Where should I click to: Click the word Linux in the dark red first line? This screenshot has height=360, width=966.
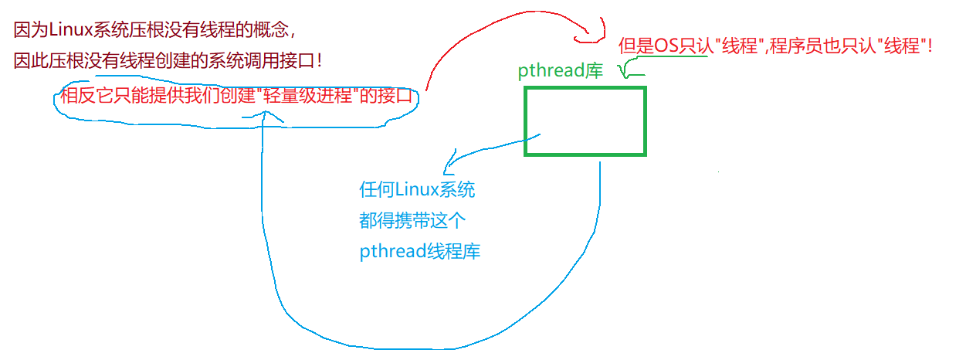click(69, 30)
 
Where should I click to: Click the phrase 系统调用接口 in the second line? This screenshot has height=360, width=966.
click(268, 59)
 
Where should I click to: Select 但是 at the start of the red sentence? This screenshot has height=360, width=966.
click(636, 46)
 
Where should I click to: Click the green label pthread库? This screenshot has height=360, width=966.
click(561, 71)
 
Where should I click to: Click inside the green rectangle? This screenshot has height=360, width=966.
click(585, 121)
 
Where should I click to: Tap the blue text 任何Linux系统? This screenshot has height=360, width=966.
click(417, 190)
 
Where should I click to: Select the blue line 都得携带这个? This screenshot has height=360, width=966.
click(412, 221)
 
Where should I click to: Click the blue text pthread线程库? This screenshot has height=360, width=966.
click(419, 252)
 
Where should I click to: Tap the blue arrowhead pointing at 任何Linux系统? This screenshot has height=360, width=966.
click(446, 165)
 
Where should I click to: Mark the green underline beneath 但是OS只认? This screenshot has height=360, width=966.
click(664, 58)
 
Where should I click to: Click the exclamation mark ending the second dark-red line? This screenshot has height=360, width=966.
click(319, 59)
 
